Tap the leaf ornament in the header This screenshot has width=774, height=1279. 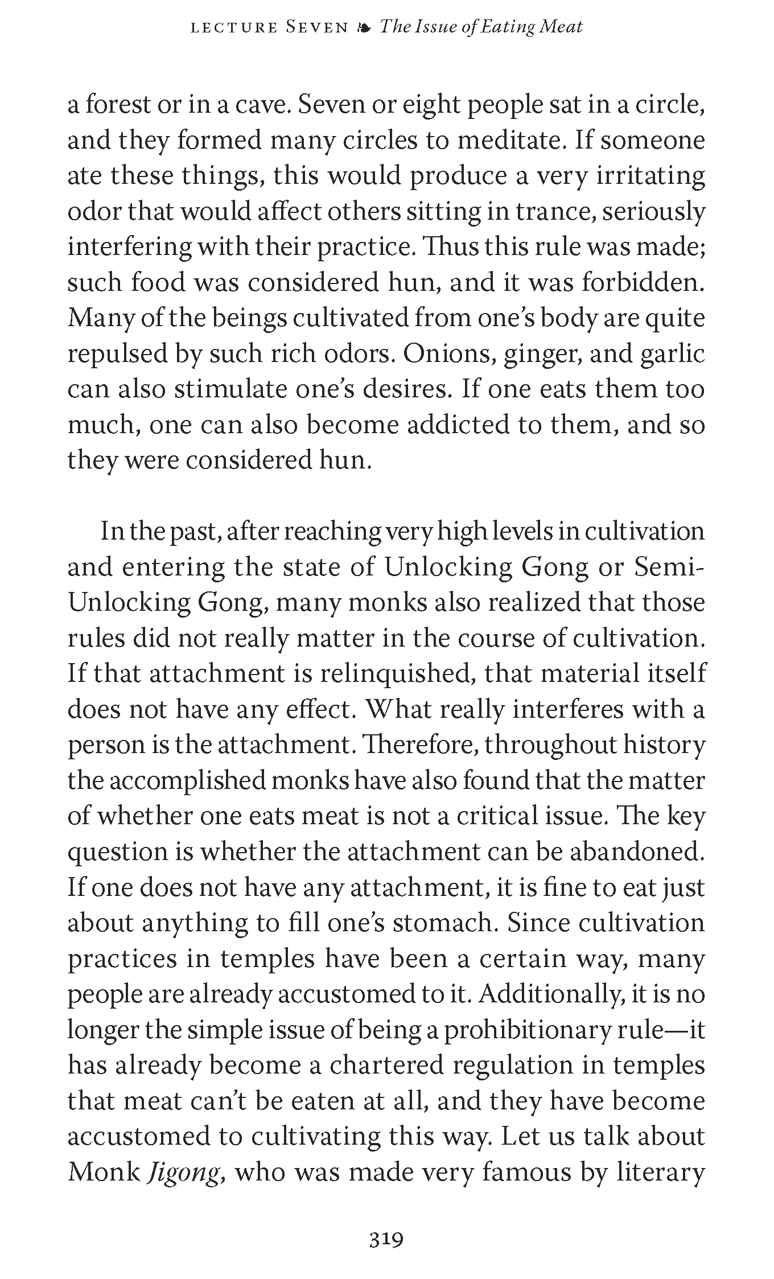364,27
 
